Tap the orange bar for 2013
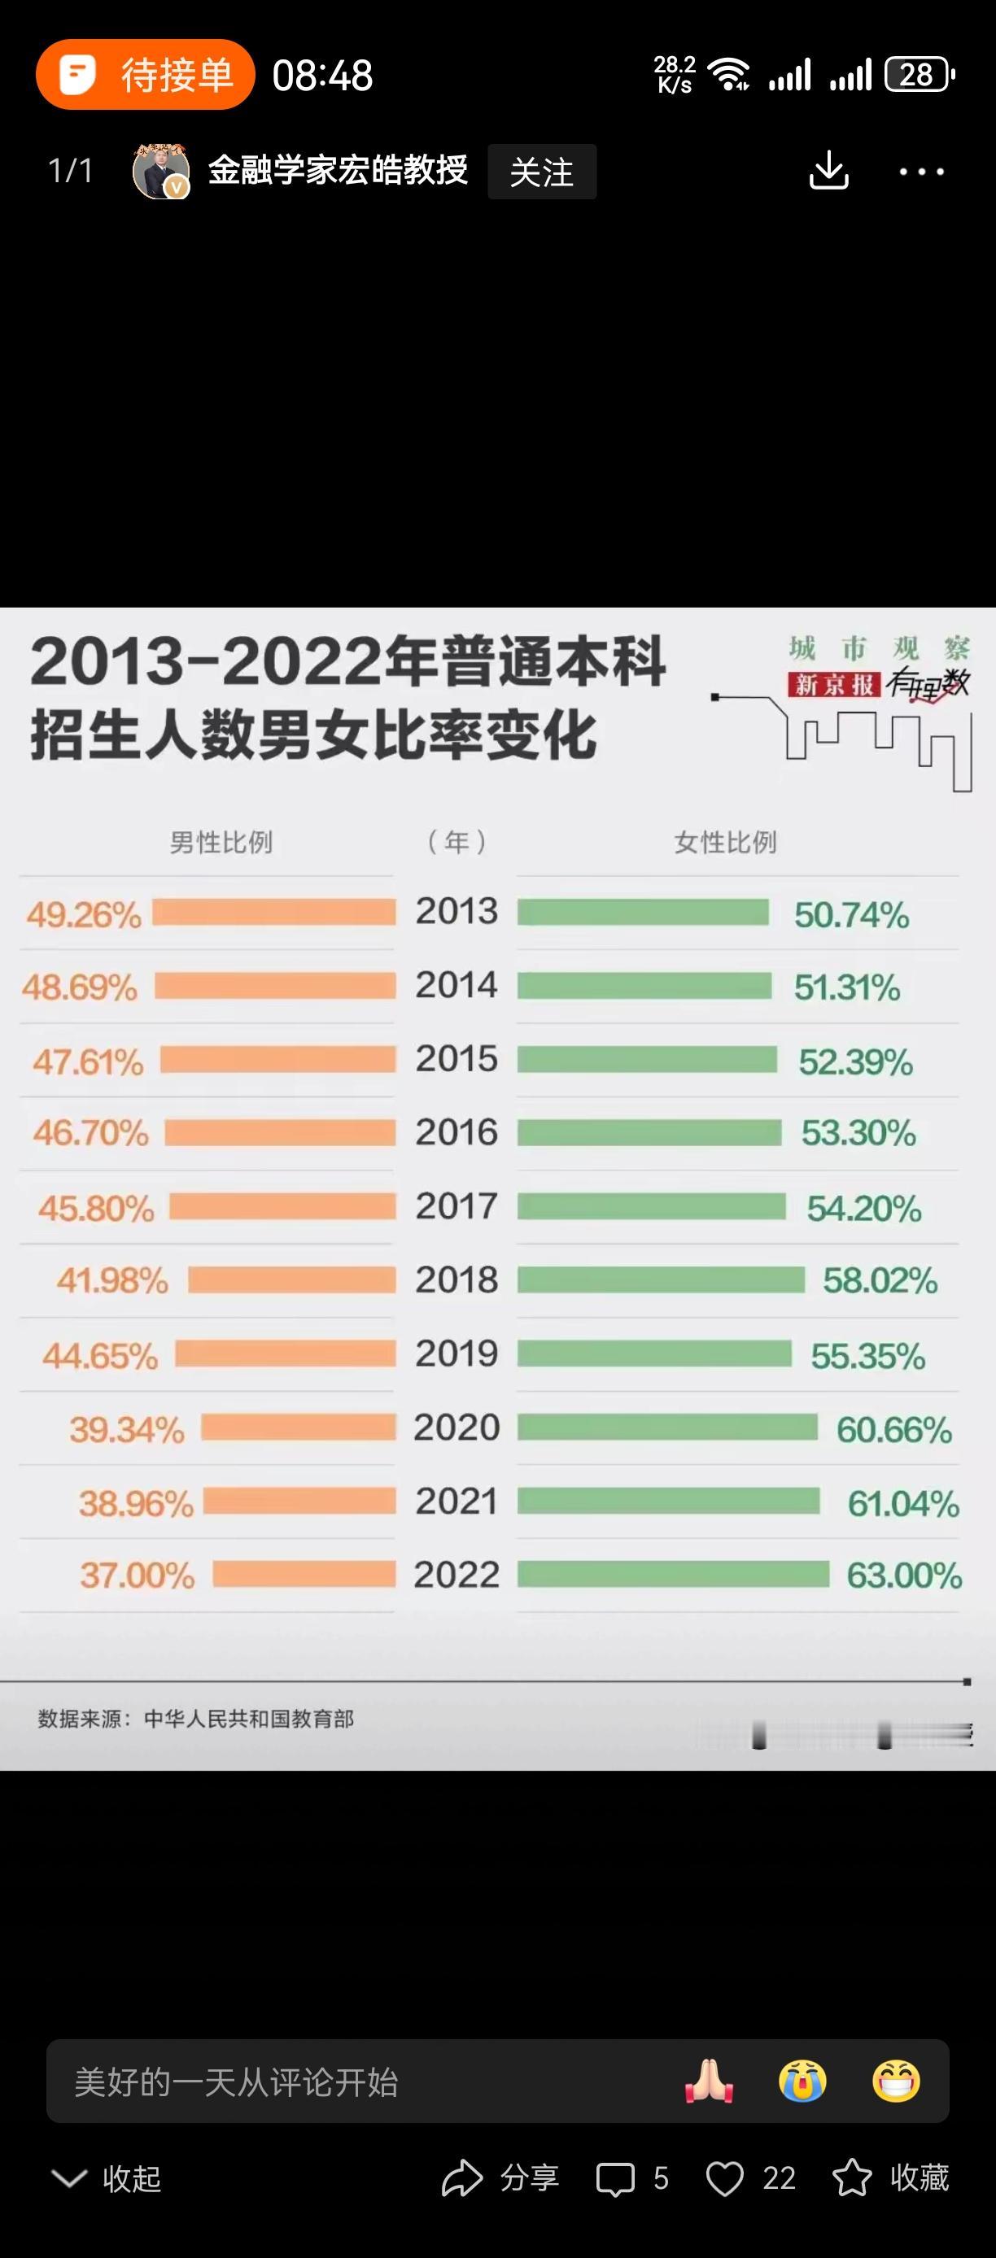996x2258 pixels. pos(274,913)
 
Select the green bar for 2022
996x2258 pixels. pos(672,1574)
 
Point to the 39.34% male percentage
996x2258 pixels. pos(127,1430)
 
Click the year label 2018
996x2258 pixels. pos(456,1279)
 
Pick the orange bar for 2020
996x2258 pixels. pos(298,1427)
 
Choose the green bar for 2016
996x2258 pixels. pos(649,1132)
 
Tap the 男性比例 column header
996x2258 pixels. pos(221,843)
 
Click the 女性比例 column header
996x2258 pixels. pos(725,843)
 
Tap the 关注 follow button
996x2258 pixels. pos(542,172)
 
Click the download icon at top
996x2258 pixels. pos(828,170)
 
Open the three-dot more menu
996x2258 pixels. pos(921,172)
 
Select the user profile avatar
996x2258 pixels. pos(160,171)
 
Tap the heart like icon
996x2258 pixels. pos(725,2178)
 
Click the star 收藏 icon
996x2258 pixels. pos(851,2178)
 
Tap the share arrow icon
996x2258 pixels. pos(462,2178)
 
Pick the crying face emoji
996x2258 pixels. pos(802,2080)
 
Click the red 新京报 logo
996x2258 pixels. pos(834,684)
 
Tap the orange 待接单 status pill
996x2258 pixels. pos(146,75)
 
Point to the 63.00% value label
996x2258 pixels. pos(904,1576)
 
